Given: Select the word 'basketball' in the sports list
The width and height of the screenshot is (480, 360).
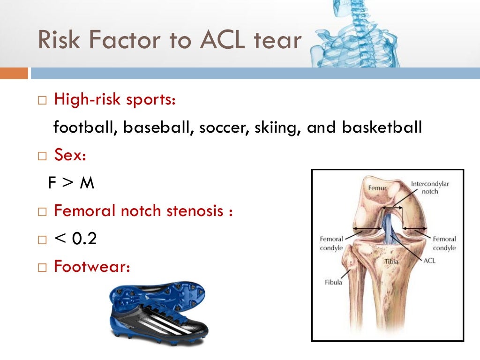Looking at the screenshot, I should (x=382, y=127).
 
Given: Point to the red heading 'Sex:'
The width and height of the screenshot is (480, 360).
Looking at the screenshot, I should (x=70, y=155).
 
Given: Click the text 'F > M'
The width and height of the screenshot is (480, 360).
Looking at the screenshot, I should (x=71, y=183).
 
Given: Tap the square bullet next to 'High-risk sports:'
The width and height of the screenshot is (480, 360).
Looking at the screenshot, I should (x=43, y=100).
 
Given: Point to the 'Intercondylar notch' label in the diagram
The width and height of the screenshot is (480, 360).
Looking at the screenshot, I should (x=430, y=187).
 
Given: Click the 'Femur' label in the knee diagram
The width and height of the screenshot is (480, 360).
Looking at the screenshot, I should (x=376, y=187).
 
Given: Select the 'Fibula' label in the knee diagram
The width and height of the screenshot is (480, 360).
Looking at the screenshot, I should (x=333, y=282).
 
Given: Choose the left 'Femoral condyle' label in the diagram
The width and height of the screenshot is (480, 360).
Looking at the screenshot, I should (x=331, y=243).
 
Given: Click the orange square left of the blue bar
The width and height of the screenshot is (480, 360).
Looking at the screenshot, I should (x=14, y=74).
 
